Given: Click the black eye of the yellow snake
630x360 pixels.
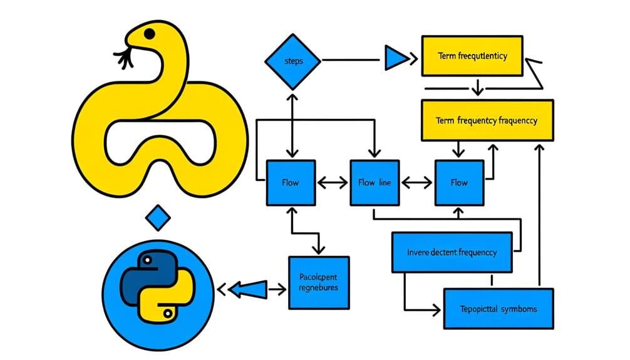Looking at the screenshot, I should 149,33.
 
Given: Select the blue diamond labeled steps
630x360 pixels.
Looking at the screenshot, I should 292,61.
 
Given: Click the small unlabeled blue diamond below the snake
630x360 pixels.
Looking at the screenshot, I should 157,219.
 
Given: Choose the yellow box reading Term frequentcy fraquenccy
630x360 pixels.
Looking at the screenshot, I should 487,120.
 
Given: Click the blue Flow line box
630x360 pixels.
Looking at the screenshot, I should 374,183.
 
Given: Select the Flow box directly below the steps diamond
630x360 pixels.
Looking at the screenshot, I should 291,183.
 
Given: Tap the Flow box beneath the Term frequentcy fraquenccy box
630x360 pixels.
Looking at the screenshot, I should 459,183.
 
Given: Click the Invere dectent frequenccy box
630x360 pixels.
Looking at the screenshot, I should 452,252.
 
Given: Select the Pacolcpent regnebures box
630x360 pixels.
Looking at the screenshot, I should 319,282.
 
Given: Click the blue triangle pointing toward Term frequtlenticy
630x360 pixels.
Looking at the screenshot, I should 395,60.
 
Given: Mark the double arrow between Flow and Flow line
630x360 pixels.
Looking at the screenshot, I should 333,183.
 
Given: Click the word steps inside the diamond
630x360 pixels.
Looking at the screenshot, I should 292,61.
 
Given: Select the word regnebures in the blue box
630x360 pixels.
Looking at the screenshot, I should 319,287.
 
